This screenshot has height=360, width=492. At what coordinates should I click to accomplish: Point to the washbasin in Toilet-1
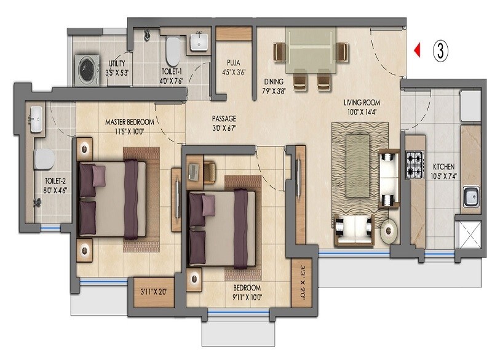point(198,42)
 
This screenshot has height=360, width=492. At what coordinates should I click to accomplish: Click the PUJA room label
point(232,62)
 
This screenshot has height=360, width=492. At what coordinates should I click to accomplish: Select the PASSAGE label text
point(224,118)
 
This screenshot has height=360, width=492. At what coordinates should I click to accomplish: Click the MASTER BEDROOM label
point(129,122)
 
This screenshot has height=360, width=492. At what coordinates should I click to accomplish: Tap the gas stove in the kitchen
point(414,162)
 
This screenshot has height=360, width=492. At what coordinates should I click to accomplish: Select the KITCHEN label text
point(445,167)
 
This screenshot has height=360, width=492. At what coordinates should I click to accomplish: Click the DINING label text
point(274,81)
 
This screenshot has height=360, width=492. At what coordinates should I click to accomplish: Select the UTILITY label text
point(117,63)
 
